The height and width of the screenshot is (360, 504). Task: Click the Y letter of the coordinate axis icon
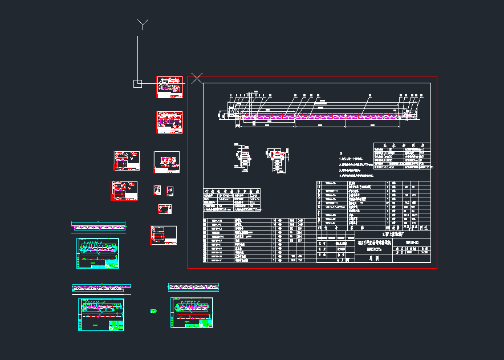pyautogui.click(x=143, y=24)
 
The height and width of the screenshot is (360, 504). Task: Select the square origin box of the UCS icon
pyautogui.click(x=137, y=84)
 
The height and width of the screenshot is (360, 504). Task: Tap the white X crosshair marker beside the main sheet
pyautogui.click(x=197, y=78)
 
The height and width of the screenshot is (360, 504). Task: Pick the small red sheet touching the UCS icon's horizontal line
pyautogui.click(x=171, y=87)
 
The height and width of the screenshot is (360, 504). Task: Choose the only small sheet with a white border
pyautogui.click(x=167, y=162)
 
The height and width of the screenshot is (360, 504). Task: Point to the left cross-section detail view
pyautogui.click(x=243, y=158)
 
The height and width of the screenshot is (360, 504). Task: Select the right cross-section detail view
pyautogui.click(x=277, y=159)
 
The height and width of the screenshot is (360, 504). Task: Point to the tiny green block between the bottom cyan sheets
pyautogui.click(x=153, y=311)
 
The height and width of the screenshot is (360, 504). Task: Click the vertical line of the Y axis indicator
pyautogui.click(x=137, y=57)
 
